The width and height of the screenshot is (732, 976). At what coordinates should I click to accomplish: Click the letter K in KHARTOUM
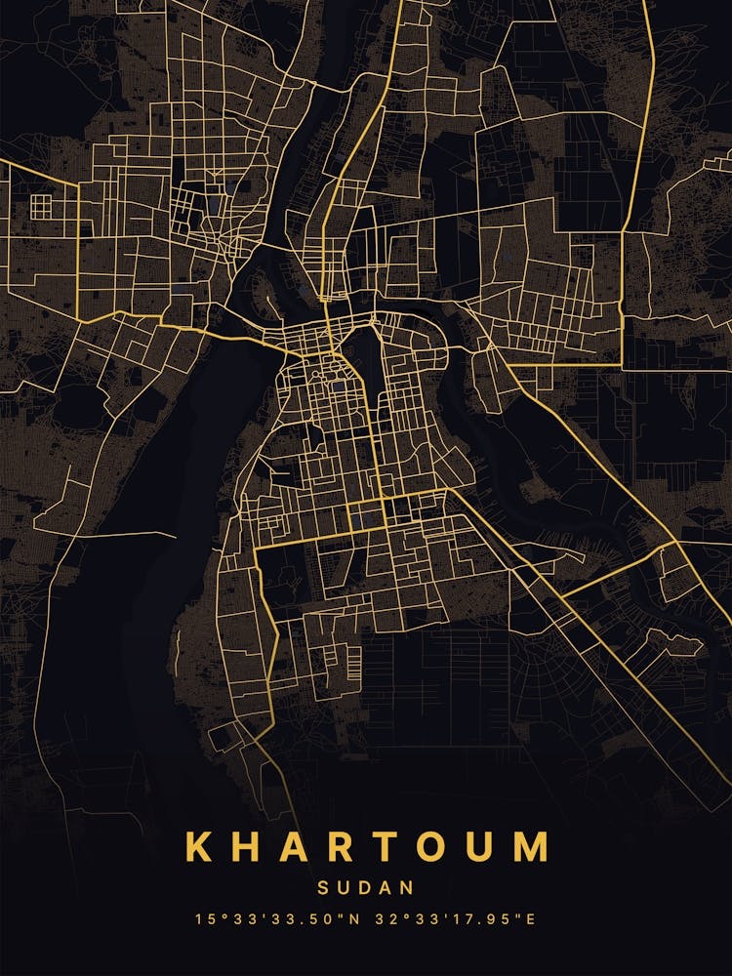(x=198, y=847)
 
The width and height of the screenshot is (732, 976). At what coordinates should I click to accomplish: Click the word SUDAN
(x=366, y=889)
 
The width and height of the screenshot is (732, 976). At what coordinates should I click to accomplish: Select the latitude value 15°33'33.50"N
(x=274, y=919)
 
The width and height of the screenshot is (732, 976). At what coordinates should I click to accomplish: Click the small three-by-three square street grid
(x=41, y=206)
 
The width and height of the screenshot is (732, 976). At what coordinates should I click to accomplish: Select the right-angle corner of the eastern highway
(x=622, y=366)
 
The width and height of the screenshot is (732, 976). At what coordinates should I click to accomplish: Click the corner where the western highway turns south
(x=77, y=183)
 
